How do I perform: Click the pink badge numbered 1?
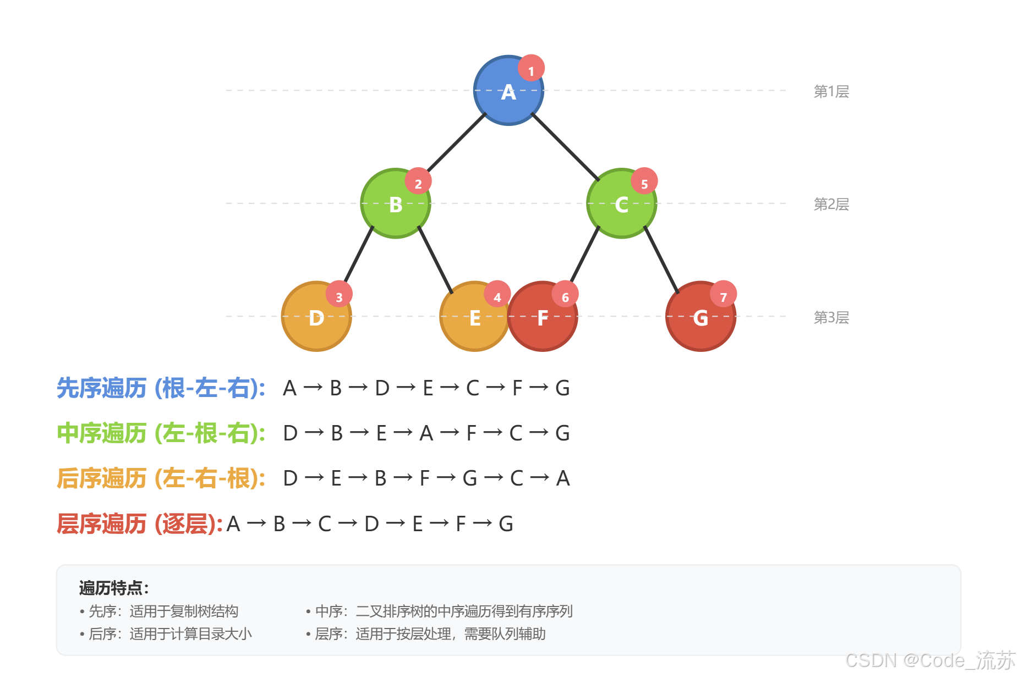tap(531, 69)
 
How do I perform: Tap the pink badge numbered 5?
tap(644, 181)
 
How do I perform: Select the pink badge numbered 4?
tap(497, 295)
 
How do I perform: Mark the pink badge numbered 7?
tap(723, 295)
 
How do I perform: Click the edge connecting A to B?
tap(457, 142)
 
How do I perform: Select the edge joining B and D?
tap(359, 254)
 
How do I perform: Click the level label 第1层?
tap(831, 91)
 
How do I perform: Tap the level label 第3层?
tap(831, 317)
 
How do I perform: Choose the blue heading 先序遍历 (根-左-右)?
tap(161, 388)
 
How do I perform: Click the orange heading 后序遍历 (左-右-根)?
tap(161, 478)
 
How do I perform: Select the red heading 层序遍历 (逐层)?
tap(140, 523)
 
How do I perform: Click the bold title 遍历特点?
tap(114, 588)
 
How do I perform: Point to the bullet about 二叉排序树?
tap(439, 611)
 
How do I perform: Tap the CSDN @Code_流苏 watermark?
tap(930, 660)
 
